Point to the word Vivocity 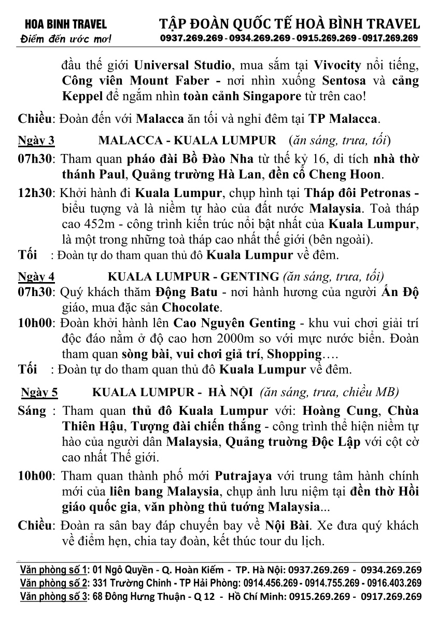pos(337,66)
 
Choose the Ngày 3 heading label pos(36,141)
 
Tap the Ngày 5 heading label pos(39,392)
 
